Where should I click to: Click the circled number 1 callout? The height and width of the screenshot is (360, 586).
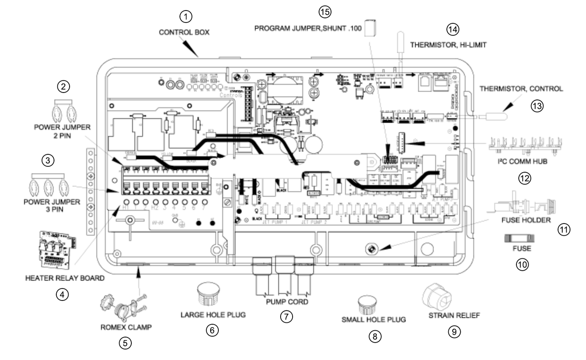point(185,16)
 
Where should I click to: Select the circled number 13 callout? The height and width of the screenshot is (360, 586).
point(537,106)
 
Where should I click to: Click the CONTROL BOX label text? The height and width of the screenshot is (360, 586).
point(184,33)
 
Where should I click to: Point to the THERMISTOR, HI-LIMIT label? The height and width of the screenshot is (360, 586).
point(448,45)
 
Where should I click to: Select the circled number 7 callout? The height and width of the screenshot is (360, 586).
point(286,316)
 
